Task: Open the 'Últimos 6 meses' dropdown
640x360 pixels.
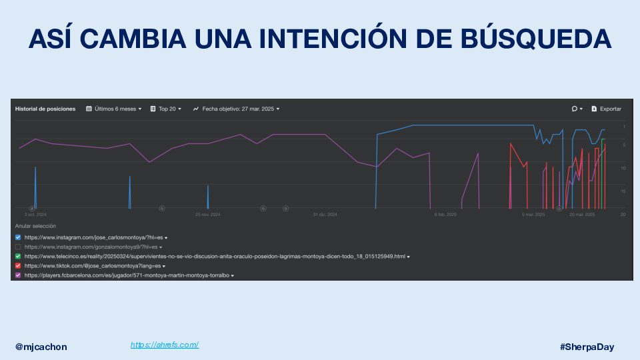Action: (x=114, y=109)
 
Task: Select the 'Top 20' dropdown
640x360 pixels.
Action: (x=166, y=109)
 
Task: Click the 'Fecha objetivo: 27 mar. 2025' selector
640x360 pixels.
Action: (x=236, y=109)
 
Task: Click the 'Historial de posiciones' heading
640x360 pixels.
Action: (x=45, y=109)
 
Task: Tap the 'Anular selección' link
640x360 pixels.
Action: (x=35, y=226)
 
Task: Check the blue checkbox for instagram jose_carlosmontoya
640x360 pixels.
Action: (x=18, y=237)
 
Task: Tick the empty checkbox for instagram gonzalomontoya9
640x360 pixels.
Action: (x=18, y=247)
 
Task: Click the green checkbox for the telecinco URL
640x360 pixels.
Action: (x=18, y=256)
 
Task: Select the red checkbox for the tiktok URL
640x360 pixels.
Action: (x=18, y=265)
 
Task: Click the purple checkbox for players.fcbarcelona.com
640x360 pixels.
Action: (x=18, y=275)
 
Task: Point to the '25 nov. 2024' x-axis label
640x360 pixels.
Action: (x=207, y=215)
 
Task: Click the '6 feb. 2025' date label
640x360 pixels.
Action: (x=445, y=215)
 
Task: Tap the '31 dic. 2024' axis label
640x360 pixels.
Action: (x=325, y=215)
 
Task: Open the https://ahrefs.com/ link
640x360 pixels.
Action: (x=165, y=345)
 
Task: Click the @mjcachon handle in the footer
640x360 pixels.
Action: (x=41, y=347)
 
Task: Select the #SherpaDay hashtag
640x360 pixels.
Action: (x=587, y=347)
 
